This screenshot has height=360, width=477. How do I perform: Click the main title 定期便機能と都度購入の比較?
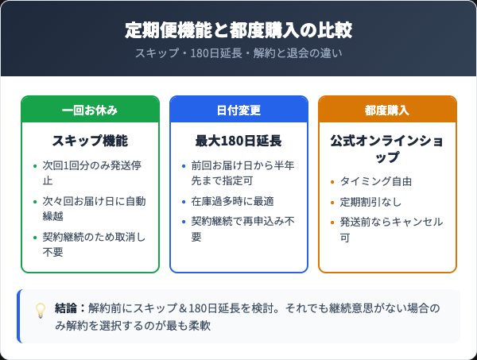click(238, 31)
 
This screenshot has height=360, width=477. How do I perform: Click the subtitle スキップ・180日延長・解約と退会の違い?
click(238, 54)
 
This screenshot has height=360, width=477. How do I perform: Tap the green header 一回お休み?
click(90, 110)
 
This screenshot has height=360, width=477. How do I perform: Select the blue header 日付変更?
click(238, 110)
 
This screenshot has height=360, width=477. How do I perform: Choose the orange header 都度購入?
click(387, 110)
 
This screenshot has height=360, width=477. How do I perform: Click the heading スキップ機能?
click(90, 141)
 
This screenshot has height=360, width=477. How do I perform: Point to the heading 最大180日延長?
click(238, 141)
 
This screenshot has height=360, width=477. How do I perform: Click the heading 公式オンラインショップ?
click(387, 149)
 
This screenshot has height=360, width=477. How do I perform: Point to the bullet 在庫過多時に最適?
click(231, 202)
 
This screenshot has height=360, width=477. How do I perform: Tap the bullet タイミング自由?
click(374, 181)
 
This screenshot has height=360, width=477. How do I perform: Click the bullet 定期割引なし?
click(369, 202)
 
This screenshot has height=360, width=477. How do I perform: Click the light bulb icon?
click(40, 311)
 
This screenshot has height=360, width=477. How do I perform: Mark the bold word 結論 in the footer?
click(66, 307)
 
